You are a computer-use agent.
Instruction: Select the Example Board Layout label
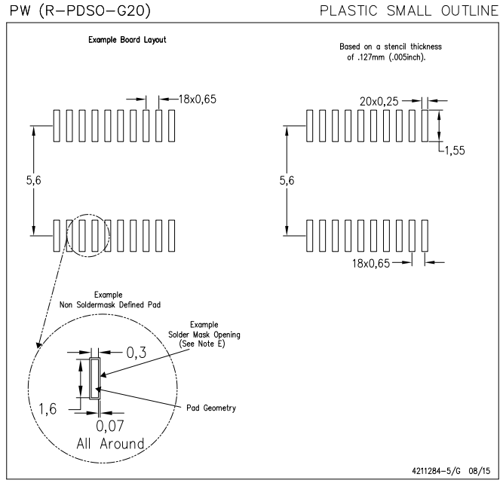121,40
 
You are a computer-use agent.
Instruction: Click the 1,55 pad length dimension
453,151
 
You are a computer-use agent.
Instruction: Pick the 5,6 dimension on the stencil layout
287,182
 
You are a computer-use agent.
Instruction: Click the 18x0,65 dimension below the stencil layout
370,262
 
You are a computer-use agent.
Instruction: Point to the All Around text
106,444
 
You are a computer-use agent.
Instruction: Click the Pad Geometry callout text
211,408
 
